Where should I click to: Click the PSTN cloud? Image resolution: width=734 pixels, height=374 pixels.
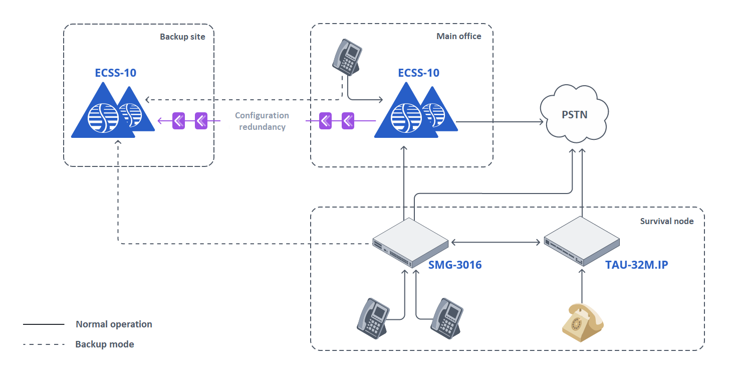point(574,114)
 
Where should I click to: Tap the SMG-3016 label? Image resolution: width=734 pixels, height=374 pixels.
point(455,265)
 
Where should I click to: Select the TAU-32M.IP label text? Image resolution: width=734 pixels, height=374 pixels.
point(636,265)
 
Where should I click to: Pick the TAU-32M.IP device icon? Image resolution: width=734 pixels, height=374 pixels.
point(582,241)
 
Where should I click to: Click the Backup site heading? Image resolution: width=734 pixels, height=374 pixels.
point(182,37)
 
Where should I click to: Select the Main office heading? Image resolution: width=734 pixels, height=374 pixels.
point(458,36)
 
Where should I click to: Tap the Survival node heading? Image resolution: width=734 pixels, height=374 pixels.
point(667,221)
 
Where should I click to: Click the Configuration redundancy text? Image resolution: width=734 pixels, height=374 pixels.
point(262,121)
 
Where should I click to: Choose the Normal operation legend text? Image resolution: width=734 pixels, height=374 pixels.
point(114,324)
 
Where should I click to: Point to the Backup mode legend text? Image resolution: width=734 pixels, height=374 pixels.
point(105,344)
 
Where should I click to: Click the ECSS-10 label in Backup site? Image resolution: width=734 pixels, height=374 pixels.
point(116,73)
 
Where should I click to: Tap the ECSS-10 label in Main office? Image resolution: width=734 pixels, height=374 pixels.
point(418,73)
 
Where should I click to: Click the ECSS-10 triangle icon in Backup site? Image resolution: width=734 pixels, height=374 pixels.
point(111,113)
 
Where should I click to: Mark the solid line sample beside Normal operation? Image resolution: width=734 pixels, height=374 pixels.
point(44,324)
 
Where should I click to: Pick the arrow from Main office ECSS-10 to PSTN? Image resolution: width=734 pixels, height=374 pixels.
point(501,121)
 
